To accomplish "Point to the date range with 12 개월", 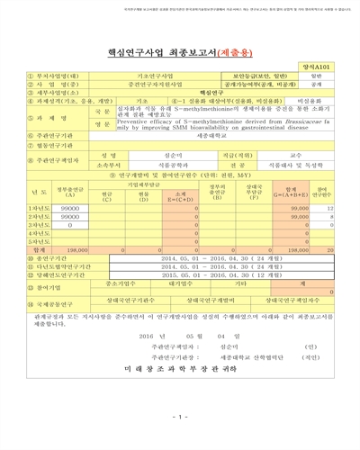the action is point(212,274).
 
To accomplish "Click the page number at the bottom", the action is point(180,416).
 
